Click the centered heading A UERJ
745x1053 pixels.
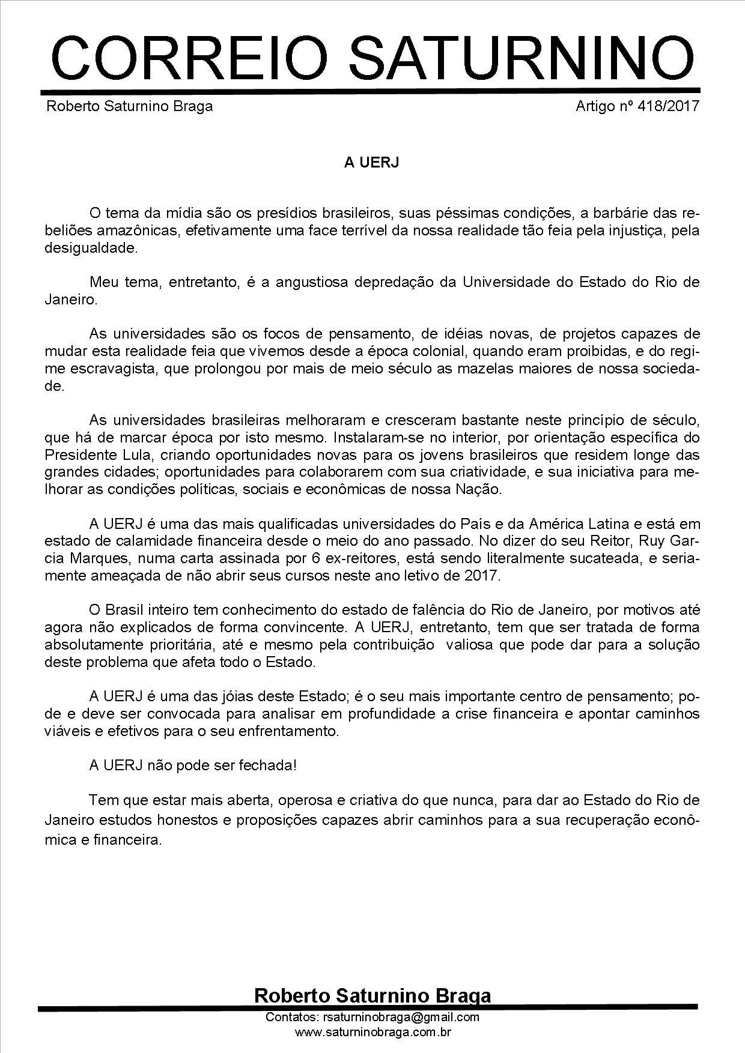(371, 163)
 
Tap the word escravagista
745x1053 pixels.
(115, 369)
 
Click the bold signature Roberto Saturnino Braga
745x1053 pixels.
(372, 995)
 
